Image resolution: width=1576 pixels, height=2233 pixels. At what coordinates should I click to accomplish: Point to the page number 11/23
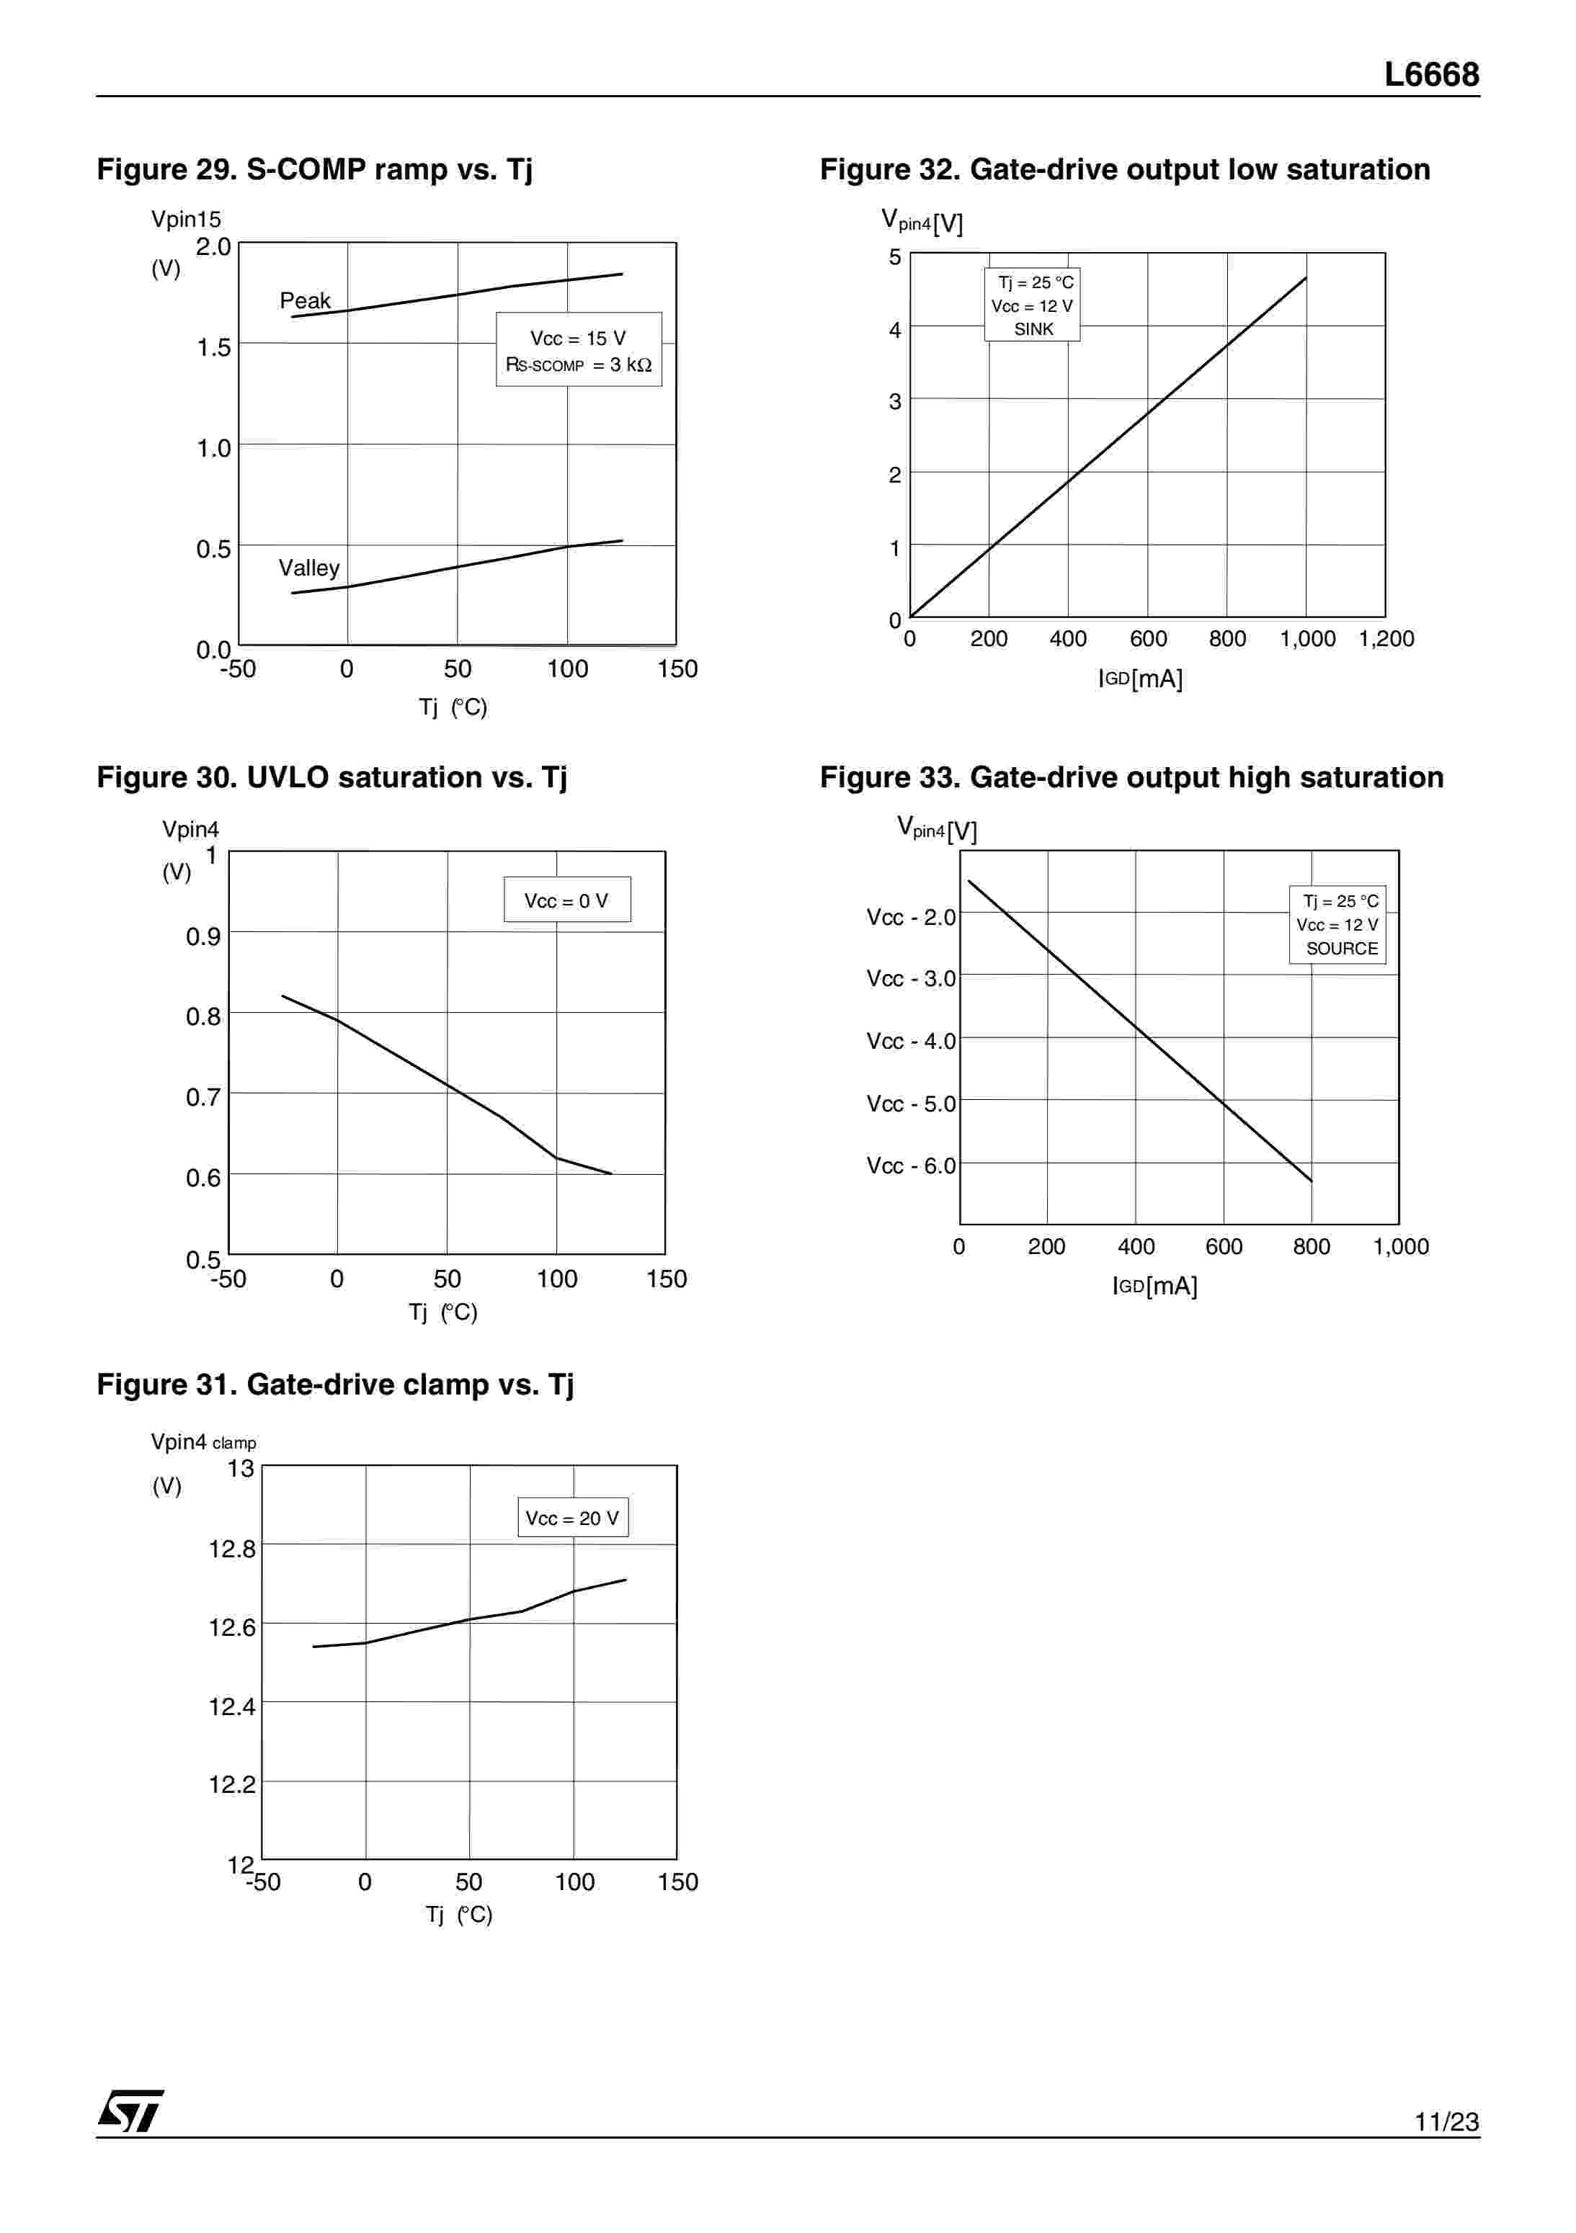[x=1446, y=2121]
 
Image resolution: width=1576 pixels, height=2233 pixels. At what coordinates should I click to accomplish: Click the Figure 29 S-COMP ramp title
[x=314, y=169]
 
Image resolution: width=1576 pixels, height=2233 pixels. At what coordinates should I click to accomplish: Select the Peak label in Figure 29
[x=305, y=300]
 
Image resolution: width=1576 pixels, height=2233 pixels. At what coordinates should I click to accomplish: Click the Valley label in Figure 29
[x=308, y=568]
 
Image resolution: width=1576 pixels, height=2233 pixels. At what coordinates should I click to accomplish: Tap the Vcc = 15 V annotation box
[x=579, y=350]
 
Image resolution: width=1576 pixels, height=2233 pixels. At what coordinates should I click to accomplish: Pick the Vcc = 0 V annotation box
[x=566, y=900]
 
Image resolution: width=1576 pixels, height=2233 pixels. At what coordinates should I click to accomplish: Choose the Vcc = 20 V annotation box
[x=572, y=1518]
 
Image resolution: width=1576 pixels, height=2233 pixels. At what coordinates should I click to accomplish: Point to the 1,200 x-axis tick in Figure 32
[x=1385, y=639]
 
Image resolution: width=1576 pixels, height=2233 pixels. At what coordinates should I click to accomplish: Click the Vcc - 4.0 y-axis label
[x=911, y=1042]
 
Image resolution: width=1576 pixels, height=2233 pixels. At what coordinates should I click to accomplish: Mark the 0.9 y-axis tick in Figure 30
[x=203, y=936]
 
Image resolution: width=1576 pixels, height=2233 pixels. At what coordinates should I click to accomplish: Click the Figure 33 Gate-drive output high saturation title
[x=1131, y=777]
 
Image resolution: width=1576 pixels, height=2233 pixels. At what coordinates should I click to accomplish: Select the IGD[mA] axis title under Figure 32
[x=1140, y=679]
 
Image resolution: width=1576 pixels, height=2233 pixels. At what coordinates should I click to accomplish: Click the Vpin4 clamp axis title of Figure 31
[x=203, y=1442]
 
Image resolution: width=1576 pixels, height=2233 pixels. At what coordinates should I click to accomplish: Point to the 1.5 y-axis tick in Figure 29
[x=213, y=347]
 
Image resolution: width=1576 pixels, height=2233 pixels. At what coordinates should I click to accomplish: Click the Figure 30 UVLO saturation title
[x=331, y=777]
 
